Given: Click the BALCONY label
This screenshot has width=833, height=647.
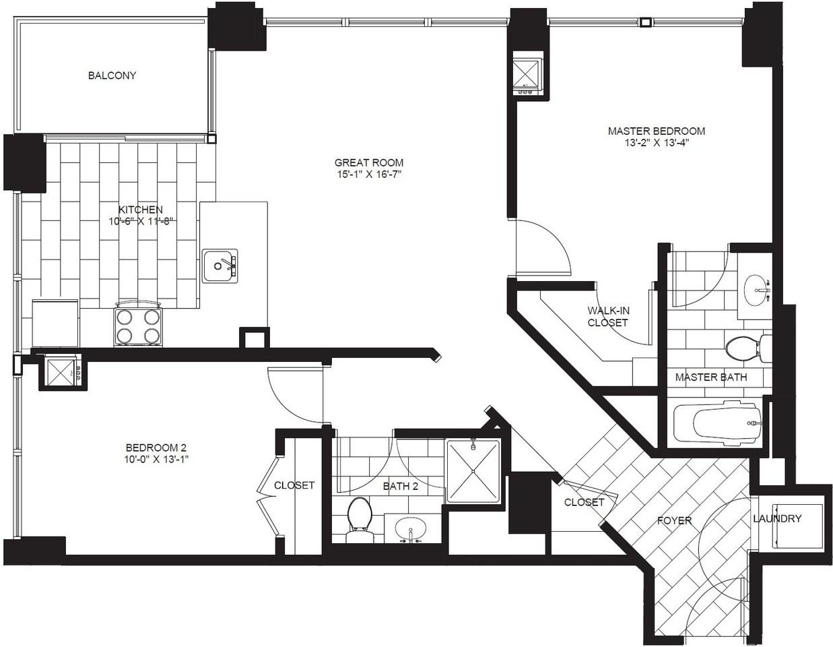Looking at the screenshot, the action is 112,75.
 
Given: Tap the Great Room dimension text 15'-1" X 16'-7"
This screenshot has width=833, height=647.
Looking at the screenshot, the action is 369,175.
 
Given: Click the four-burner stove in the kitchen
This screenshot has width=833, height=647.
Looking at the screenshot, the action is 138,324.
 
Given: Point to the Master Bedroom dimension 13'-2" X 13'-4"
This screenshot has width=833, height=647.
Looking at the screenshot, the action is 657,144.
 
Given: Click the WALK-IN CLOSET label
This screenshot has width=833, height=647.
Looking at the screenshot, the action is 608,316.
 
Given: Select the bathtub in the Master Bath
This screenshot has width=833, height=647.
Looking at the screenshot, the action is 717,424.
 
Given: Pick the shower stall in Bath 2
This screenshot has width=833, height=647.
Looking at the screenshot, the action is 473,471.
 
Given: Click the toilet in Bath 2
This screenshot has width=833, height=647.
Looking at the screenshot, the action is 360,520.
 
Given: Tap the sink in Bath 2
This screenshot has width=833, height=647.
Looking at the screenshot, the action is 410,529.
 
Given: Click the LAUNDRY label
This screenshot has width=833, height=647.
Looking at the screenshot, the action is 777,519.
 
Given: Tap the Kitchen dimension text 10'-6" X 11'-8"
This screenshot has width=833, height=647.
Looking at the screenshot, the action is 141,222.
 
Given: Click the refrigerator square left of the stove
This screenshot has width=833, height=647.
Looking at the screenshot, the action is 55,323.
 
